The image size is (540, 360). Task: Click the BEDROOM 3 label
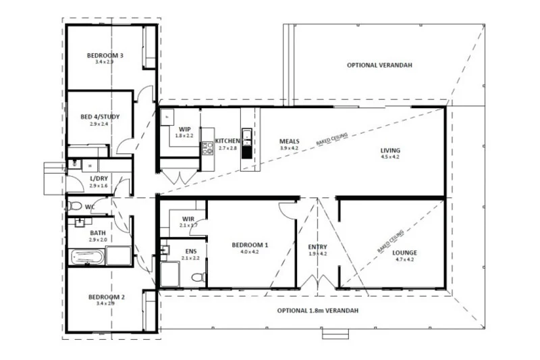pyautogui.click(x=105, y=55)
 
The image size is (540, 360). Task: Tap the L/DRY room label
pyautogui.click(x=99, y=178)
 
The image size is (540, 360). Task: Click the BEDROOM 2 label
pyautogui.click(x=106, y=297)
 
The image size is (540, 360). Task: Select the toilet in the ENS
pyautogui.click(x=197, y=276)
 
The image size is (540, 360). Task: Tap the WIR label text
pyautogui.click(x=188, y=218)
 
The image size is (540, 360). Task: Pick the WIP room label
pyautogui.click(x=184, y=128)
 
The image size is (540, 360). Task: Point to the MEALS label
pyautogui.click(x=290, y=141)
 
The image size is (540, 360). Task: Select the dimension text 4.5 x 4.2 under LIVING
pyautogui.click(x=390, y=157)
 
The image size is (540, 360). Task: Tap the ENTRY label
pyautogui.click(x=317, y=247)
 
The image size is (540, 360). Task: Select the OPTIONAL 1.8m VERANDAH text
pyautogui.click(x=317, y=311)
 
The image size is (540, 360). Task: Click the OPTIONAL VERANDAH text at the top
pyautogui.click(x=379, y=66)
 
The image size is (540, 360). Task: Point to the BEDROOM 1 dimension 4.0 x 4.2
pyautogui.click(x=250, y=252)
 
